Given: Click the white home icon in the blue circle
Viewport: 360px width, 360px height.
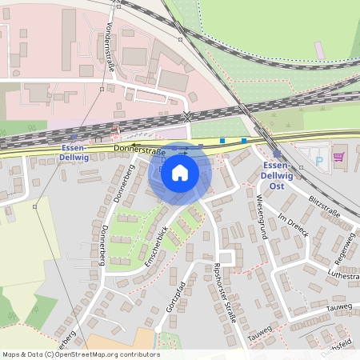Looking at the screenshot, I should (180, 173).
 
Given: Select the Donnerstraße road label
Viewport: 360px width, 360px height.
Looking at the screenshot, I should (139, 150).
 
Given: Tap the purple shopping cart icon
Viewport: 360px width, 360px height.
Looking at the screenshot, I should (338, 157).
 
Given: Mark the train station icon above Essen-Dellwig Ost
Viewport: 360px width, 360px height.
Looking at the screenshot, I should (277, 154).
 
